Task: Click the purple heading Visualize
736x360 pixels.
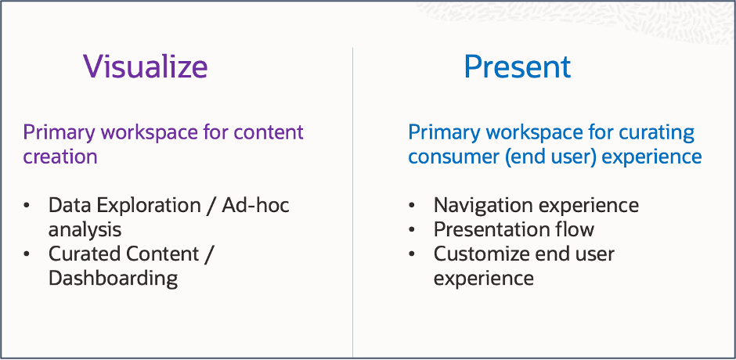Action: (146, 67)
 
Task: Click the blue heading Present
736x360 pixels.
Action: (517, 67)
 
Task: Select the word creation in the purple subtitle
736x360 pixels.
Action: (60, 156)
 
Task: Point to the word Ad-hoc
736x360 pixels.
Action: (255, 206)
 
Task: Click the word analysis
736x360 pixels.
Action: (85, 230)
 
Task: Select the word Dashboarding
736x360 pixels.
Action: (114, 279)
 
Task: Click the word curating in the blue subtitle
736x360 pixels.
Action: (656, 132)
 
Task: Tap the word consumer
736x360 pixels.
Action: (453, 157)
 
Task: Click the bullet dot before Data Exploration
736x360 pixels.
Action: (28, 207)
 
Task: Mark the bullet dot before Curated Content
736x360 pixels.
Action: (28, 255)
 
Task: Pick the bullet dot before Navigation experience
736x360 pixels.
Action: (413, 207)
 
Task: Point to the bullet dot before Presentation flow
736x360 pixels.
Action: (413, 231)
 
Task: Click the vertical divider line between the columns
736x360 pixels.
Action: (352, 196)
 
